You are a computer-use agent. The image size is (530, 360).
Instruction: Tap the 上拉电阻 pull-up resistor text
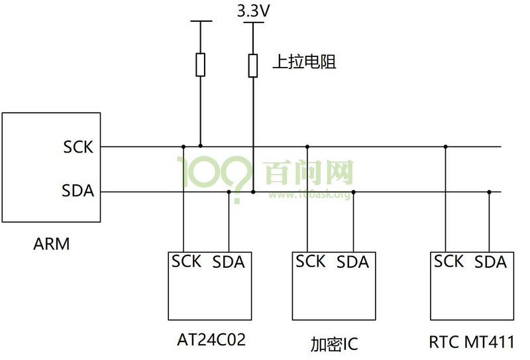[305, 62]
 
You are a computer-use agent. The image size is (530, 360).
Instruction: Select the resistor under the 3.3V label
[252, 66]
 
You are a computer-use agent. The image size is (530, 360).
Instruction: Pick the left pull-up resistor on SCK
[201, 65]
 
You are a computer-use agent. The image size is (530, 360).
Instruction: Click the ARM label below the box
[52, 244]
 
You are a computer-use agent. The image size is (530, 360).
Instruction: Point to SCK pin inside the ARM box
[79, 147]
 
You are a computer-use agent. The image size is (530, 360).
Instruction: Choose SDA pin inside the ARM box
[78, 192]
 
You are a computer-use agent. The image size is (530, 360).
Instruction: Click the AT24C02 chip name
[211, 341]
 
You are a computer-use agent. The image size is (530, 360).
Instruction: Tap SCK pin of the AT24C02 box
[185, 261]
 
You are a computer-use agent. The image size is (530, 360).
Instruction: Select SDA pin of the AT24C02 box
[229, 263]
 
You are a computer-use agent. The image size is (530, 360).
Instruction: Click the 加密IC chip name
[334, 345]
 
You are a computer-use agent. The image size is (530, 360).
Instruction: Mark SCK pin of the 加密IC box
[311, 261]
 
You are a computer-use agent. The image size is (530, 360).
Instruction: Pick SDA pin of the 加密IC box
[352, 263]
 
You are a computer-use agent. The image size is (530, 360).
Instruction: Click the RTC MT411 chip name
[472, 343]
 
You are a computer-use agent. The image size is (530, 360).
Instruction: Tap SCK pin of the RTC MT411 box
[449, 261]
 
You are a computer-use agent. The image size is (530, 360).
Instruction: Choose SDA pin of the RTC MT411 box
[491, 263]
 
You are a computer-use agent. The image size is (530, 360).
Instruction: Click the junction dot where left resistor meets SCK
[201, 146]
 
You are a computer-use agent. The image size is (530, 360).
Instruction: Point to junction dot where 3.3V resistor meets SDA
[253, 192]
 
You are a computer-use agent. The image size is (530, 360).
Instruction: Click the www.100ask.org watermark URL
[309, 194]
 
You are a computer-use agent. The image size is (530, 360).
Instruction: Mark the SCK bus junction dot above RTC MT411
[445, 146]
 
